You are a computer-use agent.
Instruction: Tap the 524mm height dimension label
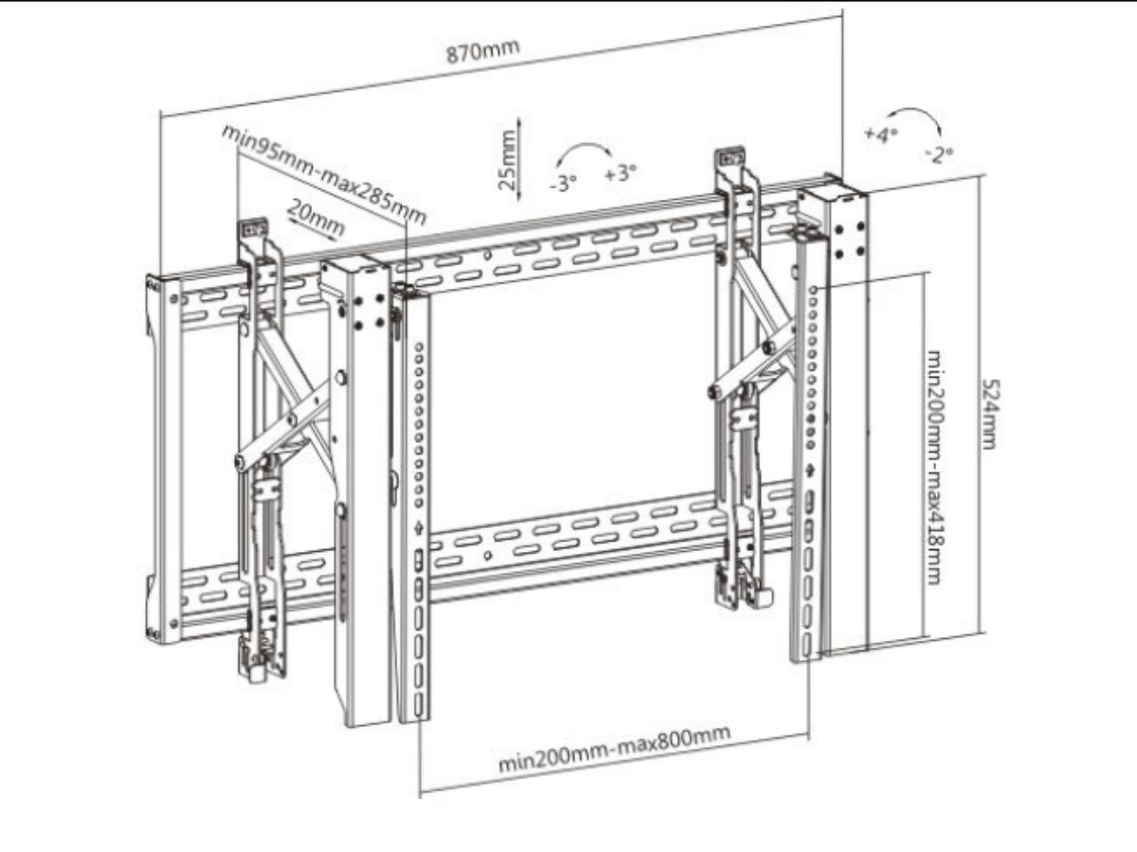tap(988, 414)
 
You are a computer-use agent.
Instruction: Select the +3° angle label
tap(620, 173)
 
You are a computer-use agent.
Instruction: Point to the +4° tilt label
tap(879, 134)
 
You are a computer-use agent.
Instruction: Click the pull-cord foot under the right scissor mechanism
tap(761, 597)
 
